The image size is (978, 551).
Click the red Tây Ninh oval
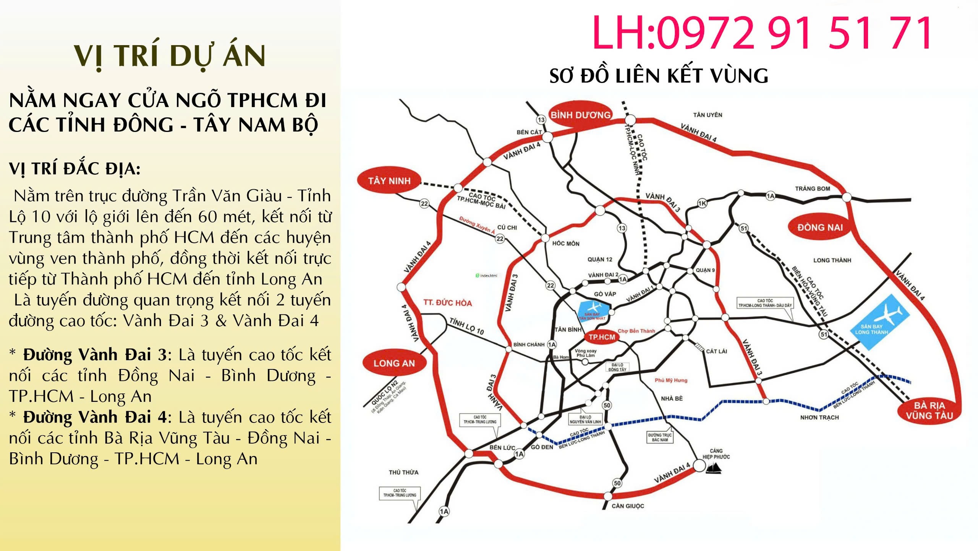(x=389, y=180)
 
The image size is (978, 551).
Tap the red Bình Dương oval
(x=580, y=115)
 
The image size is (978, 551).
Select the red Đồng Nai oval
(x=820, y=228)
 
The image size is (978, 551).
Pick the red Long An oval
(x=394, y=363)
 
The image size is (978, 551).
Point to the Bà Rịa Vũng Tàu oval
(x=929, y=411)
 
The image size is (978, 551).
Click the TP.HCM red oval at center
(x=602, y=337)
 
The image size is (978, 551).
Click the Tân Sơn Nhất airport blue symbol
(x=593, y=311)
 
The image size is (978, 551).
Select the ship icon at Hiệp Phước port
(x=713, y=468)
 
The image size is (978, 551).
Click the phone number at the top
(x=762, y=33)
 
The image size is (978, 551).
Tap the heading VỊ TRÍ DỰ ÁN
(x=170, y=56)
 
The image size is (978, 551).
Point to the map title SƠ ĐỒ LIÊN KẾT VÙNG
(x=659, y=76)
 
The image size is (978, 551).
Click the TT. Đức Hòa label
(x=447, y=303)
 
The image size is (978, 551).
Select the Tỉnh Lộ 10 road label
(x=466, y=326)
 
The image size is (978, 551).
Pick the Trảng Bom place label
(x=813, y=189)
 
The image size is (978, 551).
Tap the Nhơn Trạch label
(x=819, y=417)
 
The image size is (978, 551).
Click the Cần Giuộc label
(x=628, y=506)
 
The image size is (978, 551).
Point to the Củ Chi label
(x=507, y=228)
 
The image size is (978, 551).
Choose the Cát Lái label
(x=716, y=351)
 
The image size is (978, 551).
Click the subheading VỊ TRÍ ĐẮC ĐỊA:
(x=75, y=169)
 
